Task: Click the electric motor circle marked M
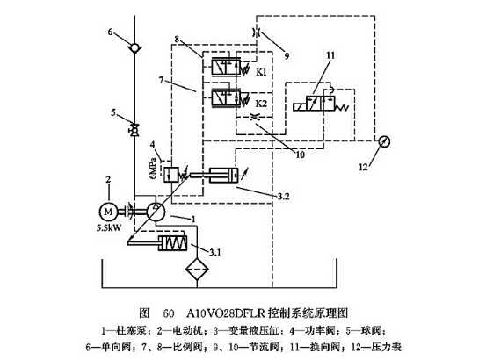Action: [x=108, y=212]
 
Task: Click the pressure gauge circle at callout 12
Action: [x=384, y=140]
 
